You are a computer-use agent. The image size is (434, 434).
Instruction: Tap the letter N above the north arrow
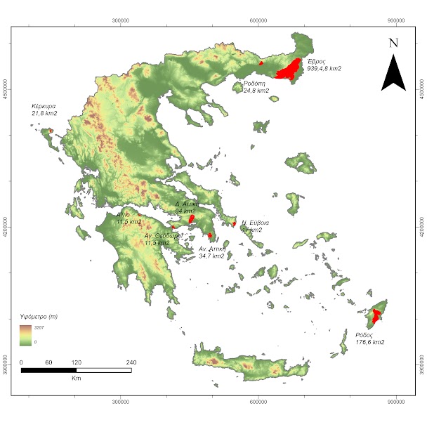coord(393,43)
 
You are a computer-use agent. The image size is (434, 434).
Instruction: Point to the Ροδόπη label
coord(255,84)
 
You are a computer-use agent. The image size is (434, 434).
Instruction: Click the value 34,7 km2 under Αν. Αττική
coord(211,256)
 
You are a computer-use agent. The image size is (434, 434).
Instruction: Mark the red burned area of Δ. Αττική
coord(190,218)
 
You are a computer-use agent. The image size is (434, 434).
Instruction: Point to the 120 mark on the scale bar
coord(76,362)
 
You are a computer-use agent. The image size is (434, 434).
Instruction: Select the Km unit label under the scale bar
coord(76,377)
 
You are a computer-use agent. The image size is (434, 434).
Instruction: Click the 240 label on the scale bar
coord(131,362)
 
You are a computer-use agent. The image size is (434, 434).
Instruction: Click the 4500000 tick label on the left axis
coord(5,91)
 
